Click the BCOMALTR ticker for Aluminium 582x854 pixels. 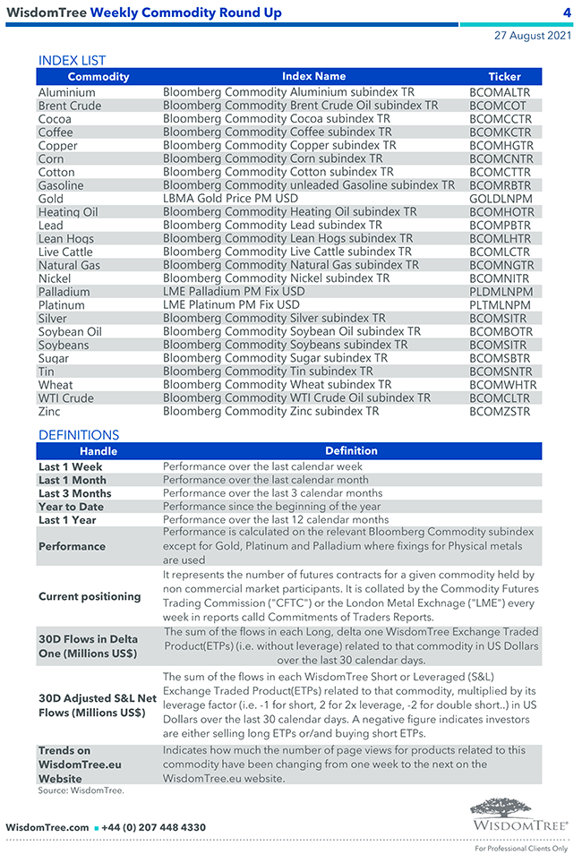499,92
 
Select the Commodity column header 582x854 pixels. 98,77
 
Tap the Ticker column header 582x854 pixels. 504,77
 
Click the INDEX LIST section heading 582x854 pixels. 72,61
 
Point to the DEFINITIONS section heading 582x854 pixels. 78,435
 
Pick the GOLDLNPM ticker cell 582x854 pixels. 501,199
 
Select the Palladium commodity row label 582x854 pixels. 64,292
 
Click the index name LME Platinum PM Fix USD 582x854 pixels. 231,304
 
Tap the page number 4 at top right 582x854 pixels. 567,13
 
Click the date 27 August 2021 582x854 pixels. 532,37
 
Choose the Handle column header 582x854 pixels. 98,451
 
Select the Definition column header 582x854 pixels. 351,451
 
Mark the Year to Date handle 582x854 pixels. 70,507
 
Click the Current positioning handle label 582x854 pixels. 90,596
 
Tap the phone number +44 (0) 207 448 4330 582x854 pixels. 153,828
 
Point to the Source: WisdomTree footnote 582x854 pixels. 81,790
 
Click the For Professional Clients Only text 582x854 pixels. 521,848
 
